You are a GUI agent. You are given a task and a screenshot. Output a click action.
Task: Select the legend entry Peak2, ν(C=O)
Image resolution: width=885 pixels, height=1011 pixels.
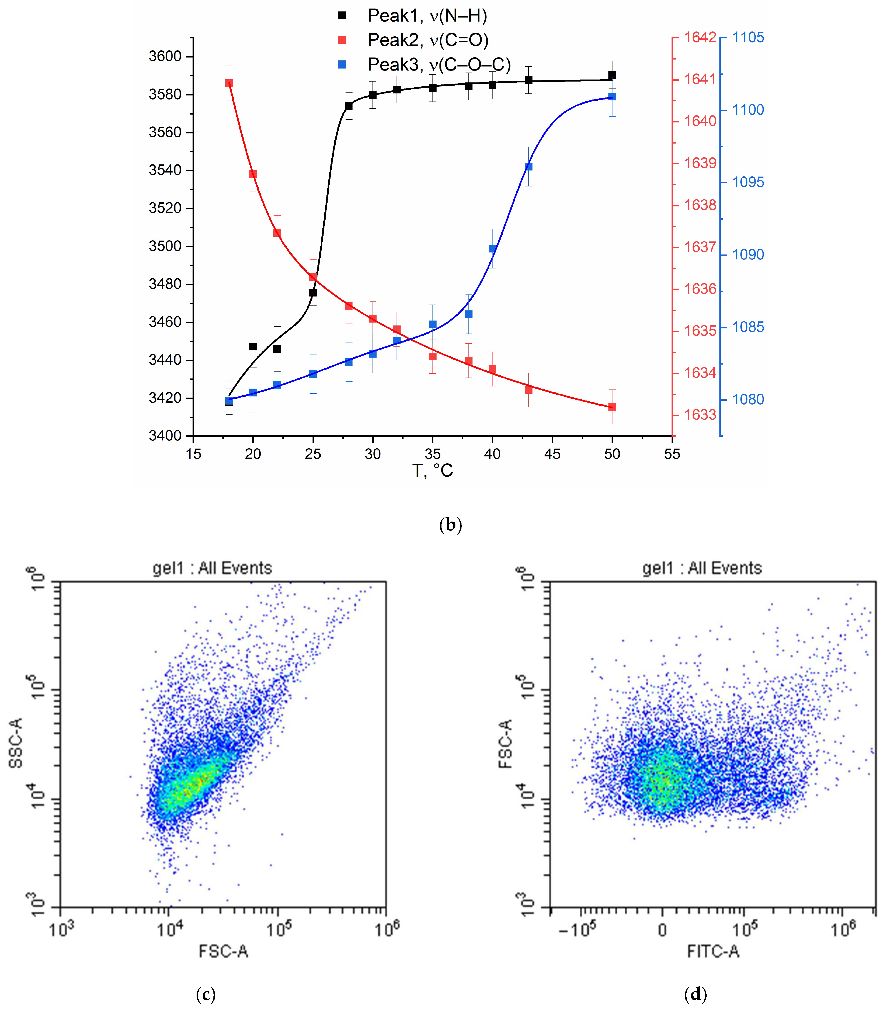(428, 40)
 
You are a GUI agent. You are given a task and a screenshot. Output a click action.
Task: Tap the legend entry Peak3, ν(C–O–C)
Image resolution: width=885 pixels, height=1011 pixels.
(439, 64)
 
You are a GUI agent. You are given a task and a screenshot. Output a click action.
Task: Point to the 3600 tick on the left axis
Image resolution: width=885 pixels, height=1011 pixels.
(165, 56)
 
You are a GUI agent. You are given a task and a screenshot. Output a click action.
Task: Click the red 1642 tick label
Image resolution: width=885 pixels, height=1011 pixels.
(700, 38)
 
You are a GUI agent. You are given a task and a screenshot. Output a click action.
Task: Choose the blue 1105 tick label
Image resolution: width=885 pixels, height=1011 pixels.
(748, 38)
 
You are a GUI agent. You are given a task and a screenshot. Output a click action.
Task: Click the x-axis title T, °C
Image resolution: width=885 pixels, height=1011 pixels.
(432, 470)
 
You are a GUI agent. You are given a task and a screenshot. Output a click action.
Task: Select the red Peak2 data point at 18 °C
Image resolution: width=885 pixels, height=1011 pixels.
(229, 83)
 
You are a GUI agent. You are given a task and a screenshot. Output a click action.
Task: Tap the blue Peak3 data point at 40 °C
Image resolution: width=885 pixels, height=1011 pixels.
(492, 249)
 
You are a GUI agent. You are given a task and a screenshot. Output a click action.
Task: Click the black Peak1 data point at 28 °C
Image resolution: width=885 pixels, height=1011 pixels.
(349, 106)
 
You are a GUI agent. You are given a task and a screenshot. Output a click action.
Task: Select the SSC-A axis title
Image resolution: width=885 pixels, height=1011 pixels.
(16, 743)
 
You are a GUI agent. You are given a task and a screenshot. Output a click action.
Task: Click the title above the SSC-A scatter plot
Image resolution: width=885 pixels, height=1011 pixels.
(212, 568)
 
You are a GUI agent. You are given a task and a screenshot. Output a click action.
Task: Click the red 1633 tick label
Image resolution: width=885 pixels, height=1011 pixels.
(700, 415)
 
